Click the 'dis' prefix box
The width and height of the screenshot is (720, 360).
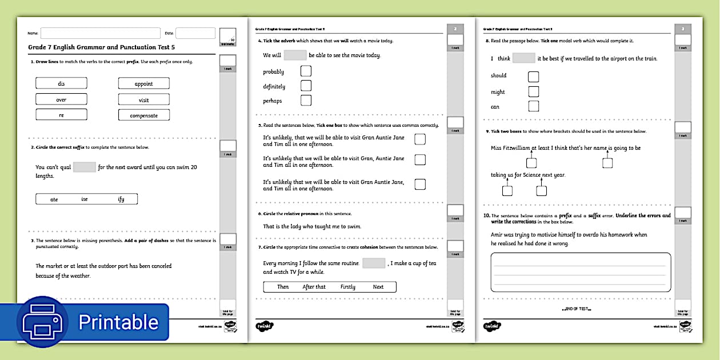[61, 83]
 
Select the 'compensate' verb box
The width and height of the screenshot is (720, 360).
[143, 115]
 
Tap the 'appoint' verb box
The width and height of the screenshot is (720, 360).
[143, 83]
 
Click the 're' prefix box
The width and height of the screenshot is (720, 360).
[61, 115]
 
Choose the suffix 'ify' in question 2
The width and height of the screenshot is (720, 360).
[121, 199]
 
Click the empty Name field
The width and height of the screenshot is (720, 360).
[100, 33]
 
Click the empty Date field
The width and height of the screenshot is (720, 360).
[195, 33]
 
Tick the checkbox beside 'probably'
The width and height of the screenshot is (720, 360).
[306, 71]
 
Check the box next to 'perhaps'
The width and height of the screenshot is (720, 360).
[306, 101]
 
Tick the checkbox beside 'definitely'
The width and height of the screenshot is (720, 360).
[306, 86]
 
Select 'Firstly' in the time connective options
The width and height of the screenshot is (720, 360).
[347, 287]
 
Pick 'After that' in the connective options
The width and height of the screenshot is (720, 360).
[314, 287]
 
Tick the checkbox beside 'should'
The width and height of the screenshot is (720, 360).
[533, 76]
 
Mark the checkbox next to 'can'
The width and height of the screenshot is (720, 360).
[533, 106]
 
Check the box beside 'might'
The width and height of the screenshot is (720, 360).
[533, 91]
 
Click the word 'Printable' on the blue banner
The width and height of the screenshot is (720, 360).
[118, 322]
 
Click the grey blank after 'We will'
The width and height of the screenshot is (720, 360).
[295, 55]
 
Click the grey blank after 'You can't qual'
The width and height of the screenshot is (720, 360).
[84, 167]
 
